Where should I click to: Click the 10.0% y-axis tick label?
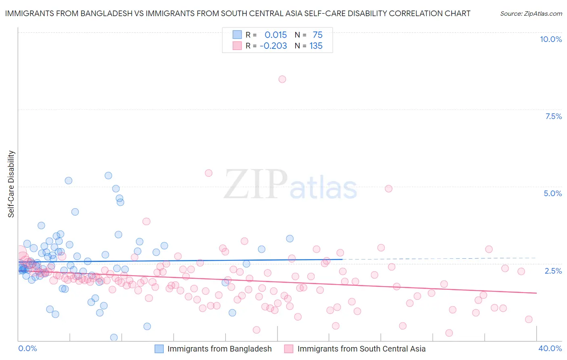coord(551,39)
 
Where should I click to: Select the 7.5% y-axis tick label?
coord(553,116)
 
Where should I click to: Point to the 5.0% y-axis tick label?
coord(552,193)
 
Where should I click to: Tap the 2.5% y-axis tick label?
coord(553,271)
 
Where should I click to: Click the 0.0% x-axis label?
coord(27,348)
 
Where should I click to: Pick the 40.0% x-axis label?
coord(550,348)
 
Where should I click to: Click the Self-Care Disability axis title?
coord(11,184)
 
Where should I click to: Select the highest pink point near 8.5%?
coord(282,79)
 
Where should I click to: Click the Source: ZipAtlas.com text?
coord(531,14)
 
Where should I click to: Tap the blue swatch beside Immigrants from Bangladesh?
coord(159,349)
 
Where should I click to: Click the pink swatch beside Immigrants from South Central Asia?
coord(289,349)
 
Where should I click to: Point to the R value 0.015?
coord(275,35)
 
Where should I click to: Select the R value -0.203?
coord(273,46)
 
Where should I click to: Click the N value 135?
coord(316,46)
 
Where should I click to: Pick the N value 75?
coord(317,35)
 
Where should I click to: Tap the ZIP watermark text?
coord(256,184)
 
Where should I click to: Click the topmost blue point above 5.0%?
coord(108,176)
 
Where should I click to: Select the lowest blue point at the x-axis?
coord(114,337)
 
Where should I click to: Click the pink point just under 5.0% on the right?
coord(389,188)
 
